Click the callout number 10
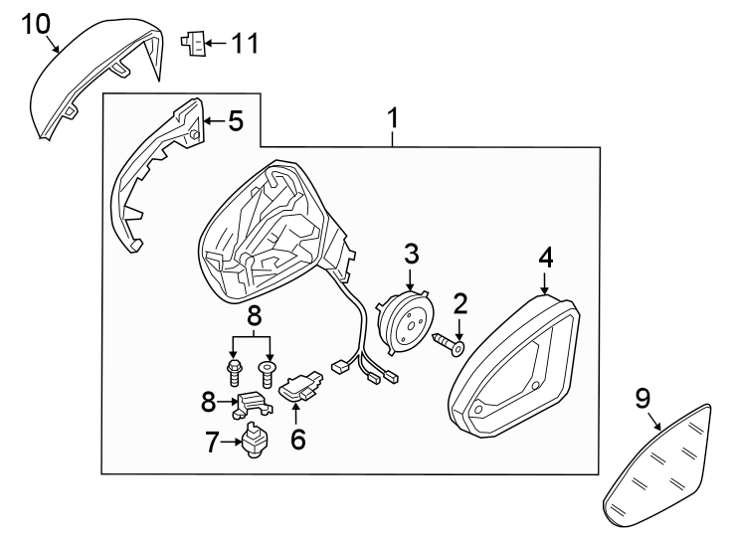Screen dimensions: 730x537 click(36, 24)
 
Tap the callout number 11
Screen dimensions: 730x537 click(245, 44)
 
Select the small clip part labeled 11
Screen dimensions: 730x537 click(193, 43)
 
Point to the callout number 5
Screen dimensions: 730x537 click(236, 121)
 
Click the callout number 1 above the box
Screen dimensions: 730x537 click(394, 118)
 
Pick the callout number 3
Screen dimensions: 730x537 click(411, 254)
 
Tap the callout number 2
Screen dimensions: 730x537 click(459, 303)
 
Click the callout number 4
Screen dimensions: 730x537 click(546, 258)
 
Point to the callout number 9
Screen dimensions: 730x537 click(642, 399)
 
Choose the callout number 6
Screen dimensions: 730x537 click(298, 439)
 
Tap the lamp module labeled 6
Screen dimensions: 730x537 click(301, 385)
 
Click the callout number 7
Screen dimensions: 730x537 click(212, 443)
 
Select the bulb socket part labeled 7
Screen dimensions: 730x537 click(255, 440)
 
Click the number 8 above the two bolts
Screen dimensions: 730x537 click(255, 316)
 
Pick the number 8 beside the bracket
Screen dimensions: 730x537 click(209, 402)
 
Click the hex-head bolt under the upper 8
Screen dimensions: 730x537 click(234, 372)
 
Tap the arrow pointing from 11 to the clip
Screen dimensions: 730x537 click(216, 44)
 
